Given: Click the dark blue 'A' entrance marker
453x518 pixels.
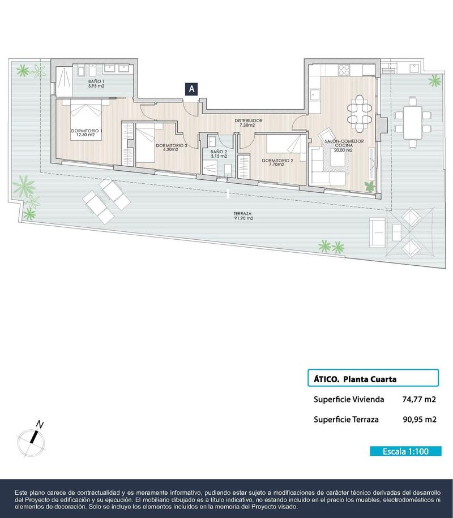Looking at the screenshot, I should click(x=192, y=89).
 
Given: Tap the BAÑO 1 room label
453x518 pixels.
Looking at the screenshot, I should click(x=95, y=84).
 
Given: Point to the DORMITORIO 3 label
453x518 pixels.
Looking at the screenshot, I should click(x=170, y=148).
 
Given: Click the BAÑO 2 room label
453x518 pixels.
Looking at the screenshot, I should click(x=218, y=154).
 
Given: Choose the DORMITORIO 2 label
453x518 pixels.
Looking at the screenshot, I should click(x=277, y=161).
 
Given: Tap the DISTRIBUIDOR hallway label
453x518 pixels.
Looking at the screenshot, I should click(x=249, y=123).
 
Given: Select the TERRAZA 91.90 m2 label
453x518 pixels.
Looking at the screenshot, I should click(x=242, y=216).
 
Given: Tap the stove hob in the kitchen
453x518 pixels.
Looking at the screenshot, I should click(x=344, y=70).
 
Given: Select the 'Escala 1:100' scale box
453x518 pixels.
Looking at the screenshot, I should click(x=404, y=451).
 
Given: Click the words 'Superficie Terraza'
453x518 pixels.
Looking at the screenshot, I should click(x=345, y=420).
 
